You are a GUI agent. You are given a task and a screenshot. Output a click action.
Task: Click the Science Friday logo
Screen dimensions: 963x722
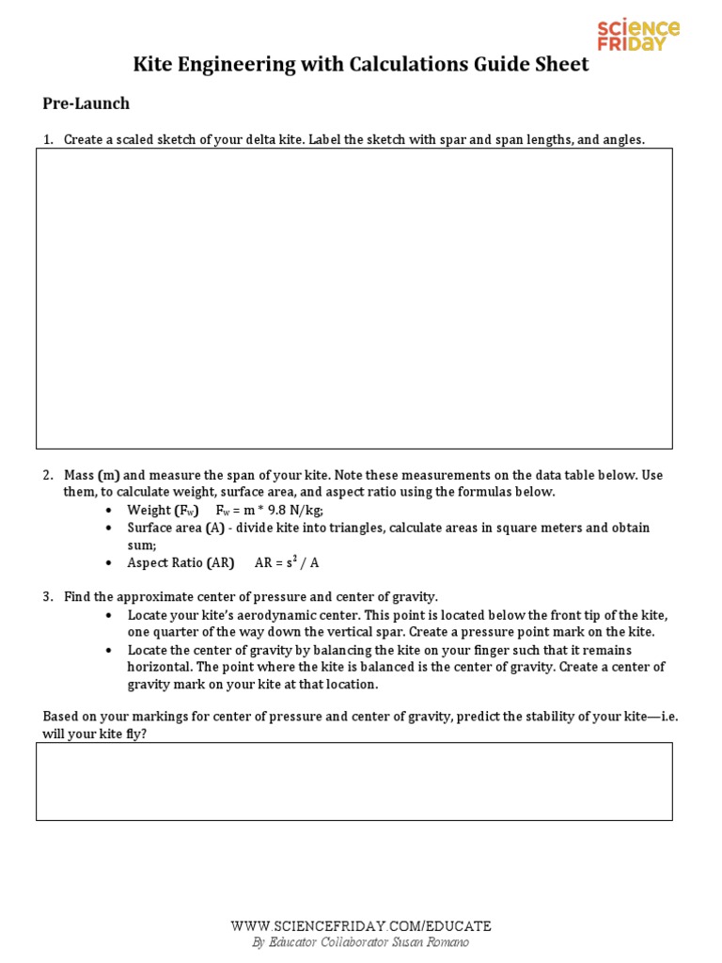point(638,36)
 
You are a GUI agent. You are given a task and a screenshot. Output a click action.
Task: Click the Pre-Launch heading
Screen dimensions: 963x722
point(86,103)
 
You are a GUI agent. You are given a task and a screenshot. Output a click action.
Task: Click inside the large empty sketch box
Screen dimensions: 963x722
point(354,298)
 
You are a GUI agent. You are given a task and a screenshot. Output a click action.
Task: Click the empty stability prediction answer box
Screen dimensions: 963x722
point(354,781)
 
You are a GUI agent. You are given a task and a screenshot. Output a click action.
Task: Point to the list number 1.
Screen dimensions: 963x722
point(48,140)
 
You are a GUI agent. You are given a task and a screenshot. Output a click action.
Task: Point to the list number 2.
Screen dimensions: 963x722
point(48,475)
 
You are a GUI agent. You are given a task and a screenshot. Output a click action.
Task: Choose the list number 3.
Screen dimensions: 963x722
point(48,596)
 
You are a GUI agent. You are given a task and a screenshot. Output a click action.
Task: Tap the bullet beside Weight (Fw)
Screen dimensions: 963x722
point(110,511)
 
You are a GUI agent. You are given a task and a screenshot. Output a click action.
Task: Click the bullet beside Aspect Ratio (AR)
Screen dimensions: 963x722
point(110,563)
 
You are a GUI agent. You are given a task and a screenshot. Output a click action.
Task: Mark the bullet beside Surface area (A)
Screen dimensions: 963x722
point(110,529)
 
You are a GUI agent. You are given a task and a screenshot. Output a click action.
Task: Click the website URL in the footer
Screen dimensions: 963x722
point(361,926)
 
